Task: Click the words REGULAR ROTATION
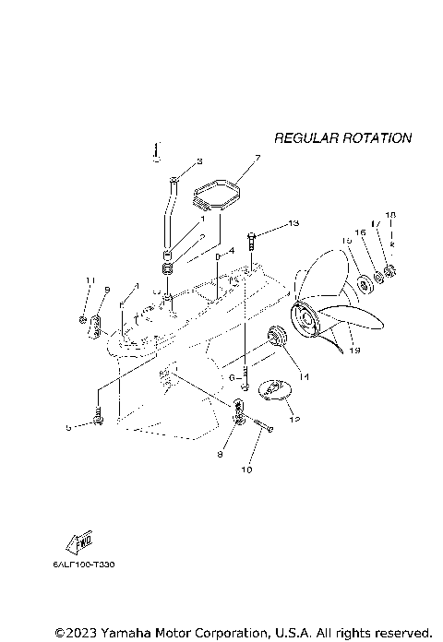[342, 138]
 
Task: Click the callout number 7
[257, 158]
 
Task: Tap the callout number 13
[293, 223]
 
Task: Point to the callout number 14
[304, 376]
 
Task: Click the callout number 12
[294, 420]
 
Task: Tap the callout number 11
[90, 280]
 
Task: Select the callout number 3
[198, 162]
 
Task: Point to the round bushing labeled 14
[275, 335]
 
